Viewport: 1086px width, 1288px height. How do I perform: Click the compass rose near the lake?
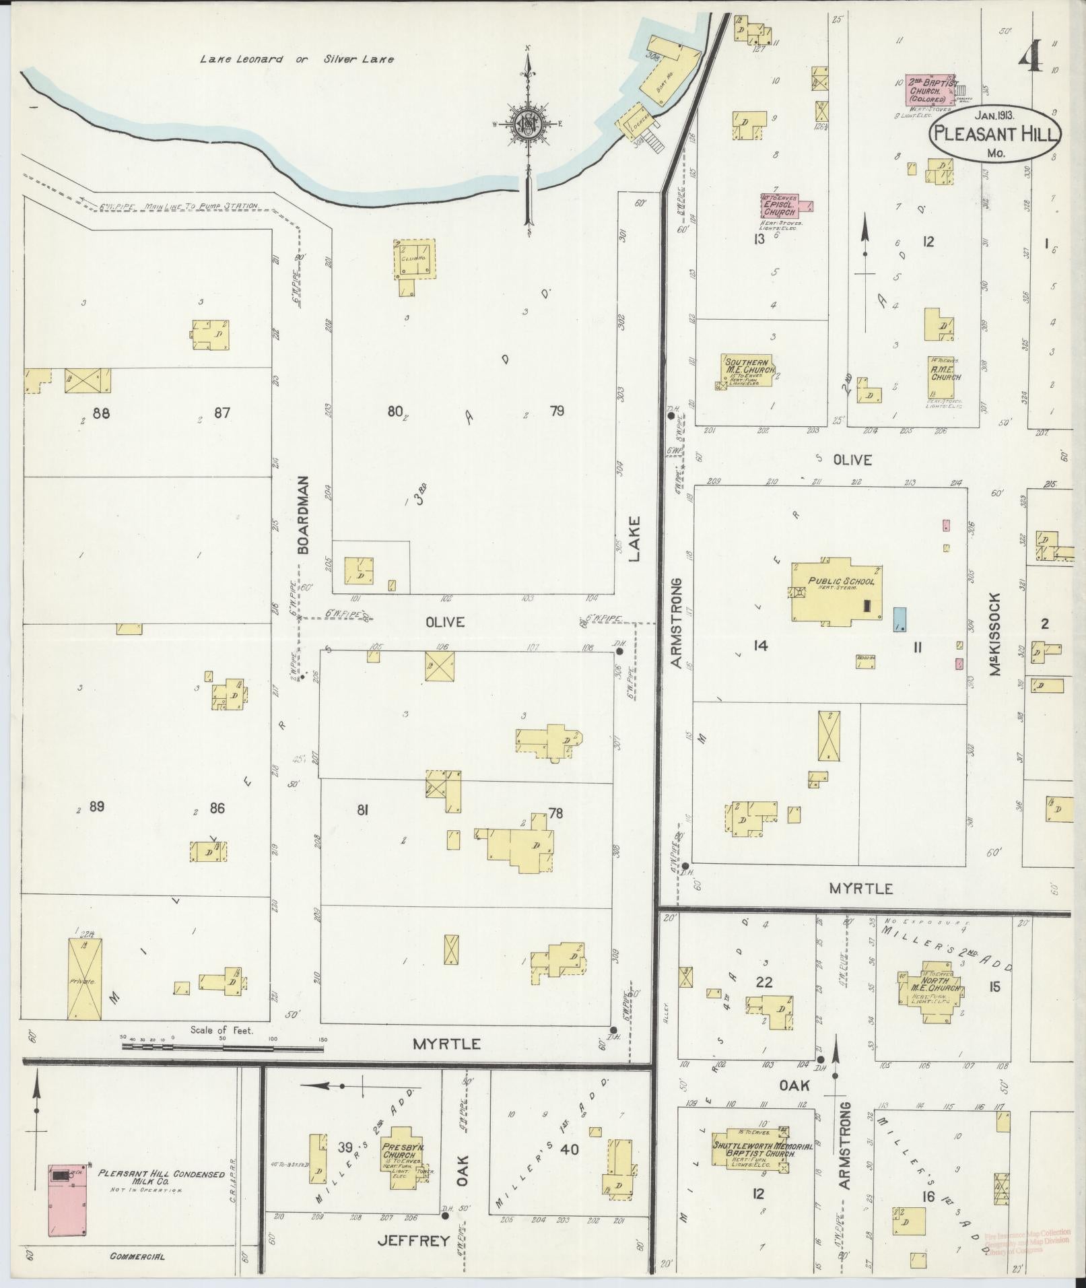(529, 125)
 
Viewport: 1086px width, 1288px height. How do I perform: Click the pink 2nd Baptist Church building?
(929, 90)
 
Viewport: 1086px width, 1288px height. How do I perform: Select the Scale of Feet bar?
(222, 1066)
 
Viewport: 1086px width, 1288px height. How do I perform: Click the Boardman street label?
(303, 515)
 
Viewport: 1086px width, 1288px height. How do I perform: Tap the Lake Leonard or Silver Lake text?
(296, 59)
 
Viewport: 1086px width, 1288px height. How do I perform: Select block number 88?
(101, 413)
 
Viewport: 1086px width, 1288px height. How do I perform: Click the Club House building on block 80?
(414, 259)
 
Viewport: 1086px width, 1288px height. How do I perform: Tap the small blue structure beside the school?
(899, 618)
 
